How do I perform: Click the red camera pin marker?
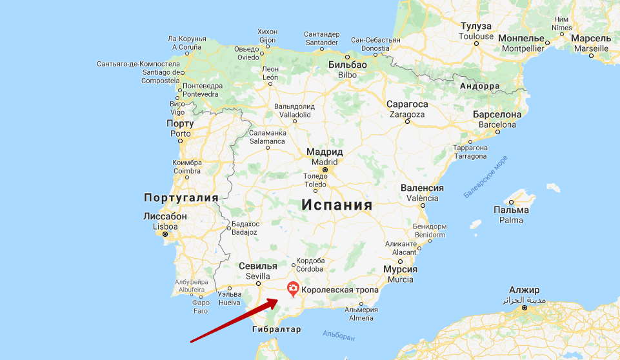click(293, 288)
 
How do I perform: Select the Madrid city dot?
click(325, 170)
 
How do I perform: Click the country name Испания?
click(337, 205)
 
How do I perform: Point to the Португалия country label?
click(181, 197)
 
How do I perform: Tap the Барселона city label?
click(497, 114)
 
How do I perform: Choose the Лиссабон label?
click(165, 217)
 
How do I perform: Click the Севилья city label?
click(257, 266)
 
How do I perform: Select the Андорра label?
click(479, 86)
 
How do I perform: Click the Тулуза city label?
click(476, 26)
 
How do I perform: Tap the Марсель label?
click(591, 38)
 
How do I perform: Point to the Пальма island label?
click(511, 210)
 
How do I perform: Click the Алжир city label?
click(524, 290)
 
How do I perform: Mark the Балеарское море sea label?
click(485, 175)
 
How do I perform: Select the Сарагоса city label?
click(407, 104)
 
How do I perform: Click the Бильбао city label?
click(347, 65)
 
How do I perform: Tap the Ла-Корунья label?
click(186, 38)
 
